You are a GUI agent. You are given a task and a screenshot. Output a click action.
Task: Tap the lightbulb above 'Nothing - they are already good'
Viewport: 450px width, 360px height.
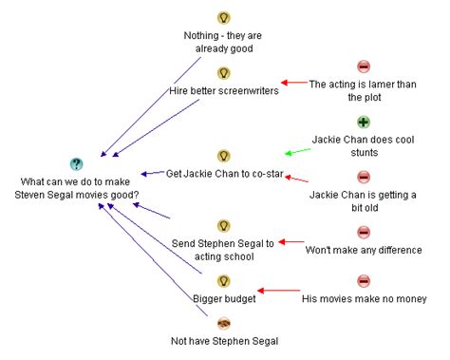(x=224, y=18)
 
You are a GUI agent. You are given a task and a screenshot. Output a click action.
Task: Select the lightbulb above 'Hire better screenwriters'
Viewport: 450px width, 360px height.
(x=224, y=73)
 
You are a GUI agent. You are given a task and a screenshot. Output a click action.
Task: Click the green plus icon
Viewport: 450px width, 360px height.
(x=363, y=123)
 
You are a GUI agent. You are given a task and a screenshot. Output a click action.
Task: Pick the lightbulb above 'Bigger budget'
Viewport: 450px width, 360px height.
(x=224, y=281)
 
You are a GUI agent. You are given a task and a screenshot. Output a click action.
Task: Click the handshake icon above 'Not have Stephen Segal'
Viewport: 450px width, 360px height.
(x=224, y=323)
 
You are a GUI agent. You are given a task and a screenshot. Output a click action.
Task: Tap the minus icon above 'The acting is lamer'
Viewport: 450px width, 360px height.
(x=363, y=66)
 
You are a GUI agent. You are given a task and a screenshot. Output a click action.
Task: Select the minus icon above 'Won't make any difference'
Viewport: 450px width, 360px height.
(x=363, y=233)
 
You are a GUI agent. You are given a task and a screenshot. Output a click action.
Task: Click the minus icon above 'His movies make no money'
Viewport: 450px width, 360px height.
(x=363, y=281)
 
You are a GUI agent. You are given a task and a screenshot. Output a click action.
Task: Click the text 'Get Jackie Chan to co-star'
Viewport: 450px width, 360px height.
(x=225, y=173)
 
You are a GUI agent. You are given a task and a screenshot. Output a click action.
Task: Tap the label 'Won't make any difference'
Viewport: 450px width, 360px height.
(x=363, y=250)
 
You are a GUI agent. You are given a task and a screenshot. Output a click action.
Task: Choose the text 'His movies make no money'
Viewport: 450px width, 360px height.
(x=364, y=298)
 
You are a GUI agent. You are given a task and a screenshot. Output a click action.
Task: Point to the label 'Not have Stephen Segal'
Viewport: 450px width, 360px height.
(x=225, y=340)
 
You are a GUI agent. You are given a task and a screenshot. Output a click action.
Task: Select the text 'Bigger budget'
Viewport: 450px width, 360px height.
(x=225, y=298)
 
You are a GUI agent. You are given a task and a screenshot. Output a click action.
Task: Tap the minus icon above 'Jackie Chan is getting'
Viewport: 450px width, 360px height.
(x=363, y=178)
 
